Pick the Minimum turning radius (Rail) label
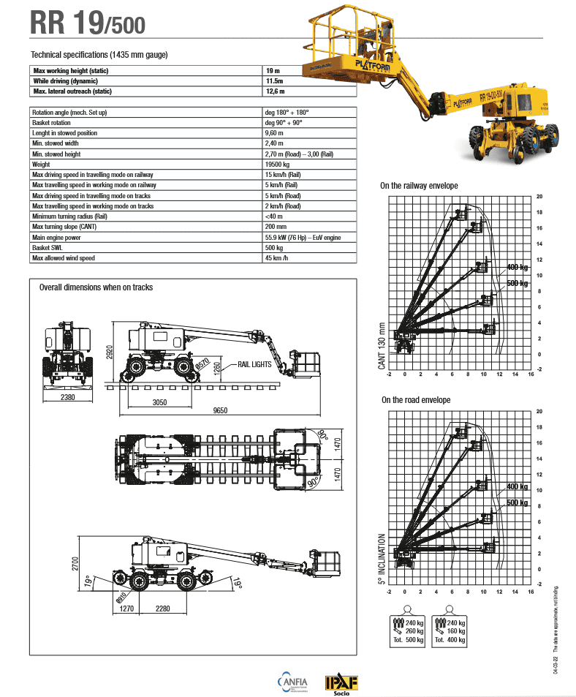pyautogui.click(x=70, y=216)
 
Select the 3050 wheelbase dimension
pyautogui.click(x=159, y=402)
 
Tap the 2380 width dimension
pyautogui.click(x=68, y=397)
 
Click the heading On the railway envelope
pyautogui.click(x=419, y=186)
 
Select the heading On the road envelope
pyautogui.click(x=416, y=400)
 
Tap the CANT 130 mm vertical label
pyautogui.click(x=382, y=350)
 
